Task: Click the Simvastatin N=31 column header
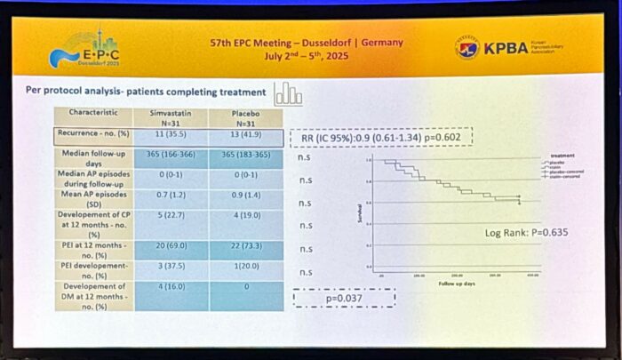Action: click(170, 116)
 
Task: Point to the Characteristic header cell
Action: click(93, 113)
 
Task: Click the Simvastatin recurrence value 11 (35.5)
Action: click(170, 135)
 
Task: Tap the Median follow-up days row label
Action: click(93, 157)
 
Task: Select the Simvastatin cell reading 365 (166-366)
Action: click(170, 156)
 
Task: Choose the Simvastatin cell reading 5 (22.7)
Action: click(170, 213)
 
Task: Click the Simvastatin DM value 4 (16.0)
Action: click(170, 289)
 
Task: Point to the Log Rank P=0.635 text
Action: click(527, 233)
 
